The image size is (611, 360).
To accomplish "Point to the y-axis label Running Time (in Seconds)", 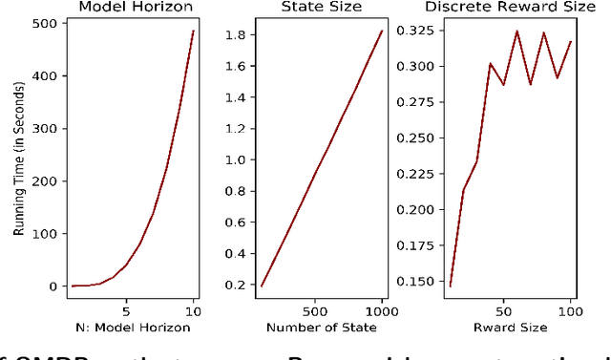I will tap(18, 158).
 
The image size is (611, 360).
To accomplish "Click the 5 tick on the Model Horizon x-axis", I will tap(126, 309).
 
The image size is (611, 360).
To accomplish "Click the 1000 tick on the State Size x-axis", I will tap(382, 309).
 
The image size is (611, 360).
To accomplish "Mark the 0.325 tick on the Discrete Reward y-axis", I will tap(417, 31).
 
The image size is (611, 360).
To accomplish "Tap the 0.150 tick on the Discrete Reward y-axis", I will tap(417, 281).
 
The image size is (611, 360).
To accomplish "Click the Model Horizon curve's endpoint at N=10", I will tap(193, 31).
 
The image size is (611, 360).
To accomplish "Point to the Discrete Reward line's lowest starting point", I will tap(451, 286).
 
